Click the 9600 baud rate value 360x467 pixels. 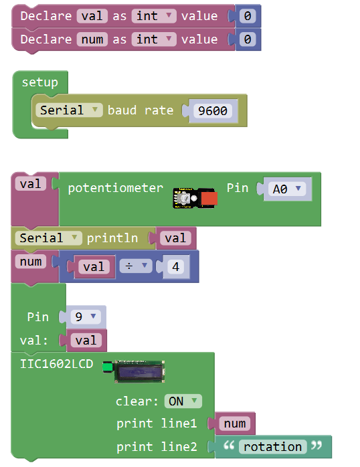213,111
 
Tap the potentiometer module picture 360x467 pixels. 195,198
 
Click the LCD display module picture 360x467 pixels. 134,371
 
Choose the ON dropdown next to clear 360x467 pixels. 183,401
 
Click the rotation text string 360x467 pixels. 273,447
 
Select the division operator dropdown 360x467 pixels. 136,266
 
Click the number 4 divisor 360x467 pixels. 176,266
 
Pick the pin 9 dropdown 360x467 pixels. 86,316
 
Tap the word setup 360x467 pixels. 40,82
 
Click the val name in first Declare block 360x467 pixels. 92,16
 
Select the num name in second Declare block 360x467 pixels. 92,39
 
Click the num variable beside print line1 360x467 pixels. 235,424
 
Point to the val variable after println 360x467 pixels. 175,238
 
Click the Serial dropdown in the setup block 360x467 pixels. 69,110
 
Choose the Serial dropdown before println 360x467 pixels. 49,238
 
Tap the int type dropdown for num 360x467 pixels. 154,39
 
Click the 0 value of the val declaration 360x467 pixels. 248,16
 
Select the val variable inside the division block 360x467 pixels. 94,266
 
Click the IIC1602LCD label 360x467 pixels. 57,364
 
